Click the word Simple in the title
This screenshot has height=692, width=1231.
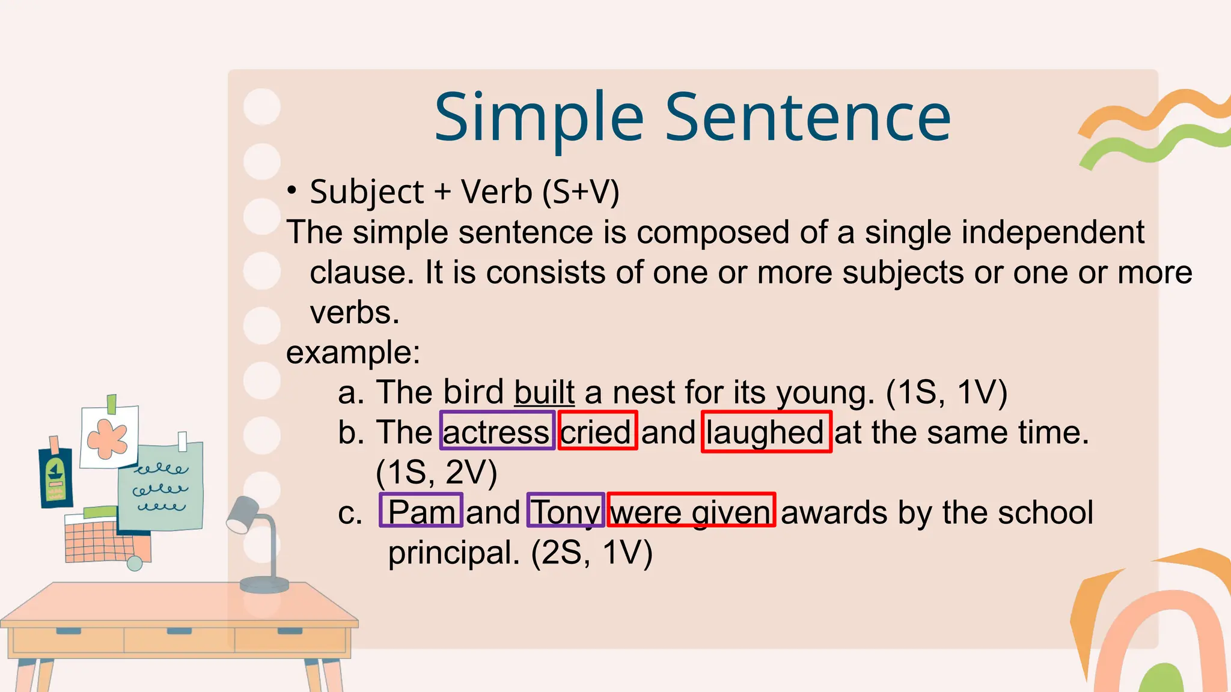tap(539, 118)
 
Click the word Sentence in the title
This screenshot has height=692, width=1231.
tap(808, 118)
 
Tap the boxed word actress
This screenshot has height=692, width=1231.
tap(497, 431)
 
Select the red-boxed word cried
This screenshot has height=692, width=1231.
tap(597, 431)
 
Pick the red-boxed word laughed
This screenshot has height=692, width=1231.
tap(766, 432)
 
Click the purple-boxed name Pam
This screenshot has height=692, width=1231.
tap(421, 511)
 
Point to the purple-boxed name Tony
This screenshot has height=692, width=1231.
tap(566, 511)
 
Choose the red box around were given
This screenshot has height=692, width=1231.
tap(691, 511)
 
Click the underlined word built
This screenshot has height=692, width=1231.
tap(545, 392)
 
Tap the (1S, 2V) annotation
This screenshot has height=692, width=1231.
tap(436, 472)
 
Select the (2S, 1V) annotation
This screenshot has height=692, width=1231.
tap(591, 553)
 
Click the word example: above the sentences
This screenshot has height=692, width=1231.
tap(353, 353)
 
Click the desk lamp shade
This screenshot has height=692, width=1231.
tap(243, 515)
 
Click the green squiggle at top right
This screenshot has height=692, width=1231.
tap(1154, 147)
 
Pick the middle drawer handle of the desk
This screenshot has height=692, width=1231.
tap(179, 631)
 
